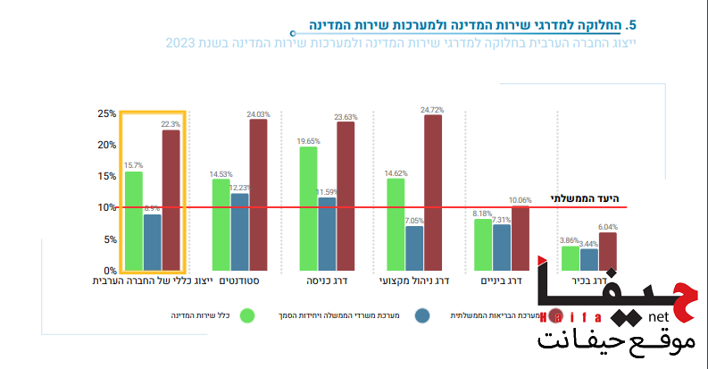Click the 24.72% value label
pos(433,110)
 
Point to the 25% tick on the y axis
pos(107,113)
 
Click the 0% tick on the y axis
pos(110,271)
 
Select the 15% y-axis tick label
pos(107,176)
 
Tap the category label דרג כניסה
pos(326,281)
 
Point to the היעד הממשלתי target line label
pos(586,197)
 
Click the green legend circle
pos(247,315)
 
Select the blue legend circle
pos(422,315)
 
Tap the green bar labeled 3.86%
pos(571,258)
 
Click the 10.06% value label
pos(521,200)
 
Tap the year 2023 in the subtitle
pos(180,42)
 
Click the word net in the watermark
pos(659,317)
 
